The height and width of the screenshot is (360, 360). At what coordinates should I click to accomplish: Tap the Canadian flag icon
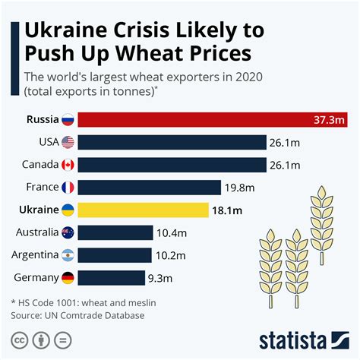(67, 165)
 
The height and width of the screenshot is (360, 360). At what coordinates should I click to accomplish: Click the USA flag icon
(67, 142)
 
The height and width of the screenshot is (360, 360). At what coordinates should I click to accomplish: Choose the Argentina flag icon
(67, 255)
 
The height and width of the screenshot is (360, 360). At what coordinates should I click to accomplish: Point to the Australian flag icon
(67, 232)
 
